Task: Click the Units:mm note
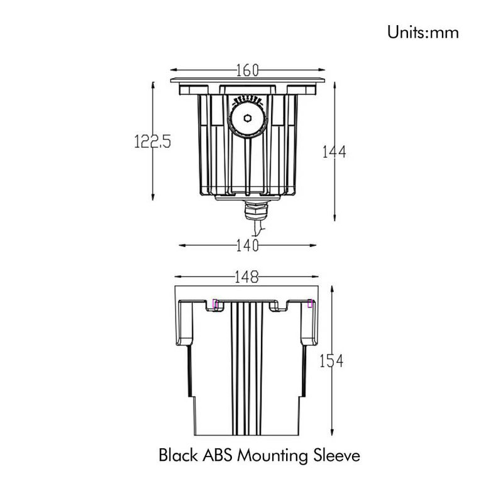click(423, 31)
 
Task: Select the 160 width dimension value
click(247, 70)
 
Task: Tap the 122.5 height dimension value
click(152, 141)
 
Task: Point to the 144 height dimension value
click(334, 152)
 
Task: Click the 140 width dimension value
click(247, 246)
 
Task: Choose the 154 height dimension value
click(331, 362)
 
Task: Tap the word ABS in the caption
click(217, 455)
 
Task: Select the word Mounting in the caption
click(274, 456)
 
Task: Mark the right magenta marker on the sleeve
click(310, 304)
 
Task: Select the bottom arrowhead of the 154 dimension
click(331, 433)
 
